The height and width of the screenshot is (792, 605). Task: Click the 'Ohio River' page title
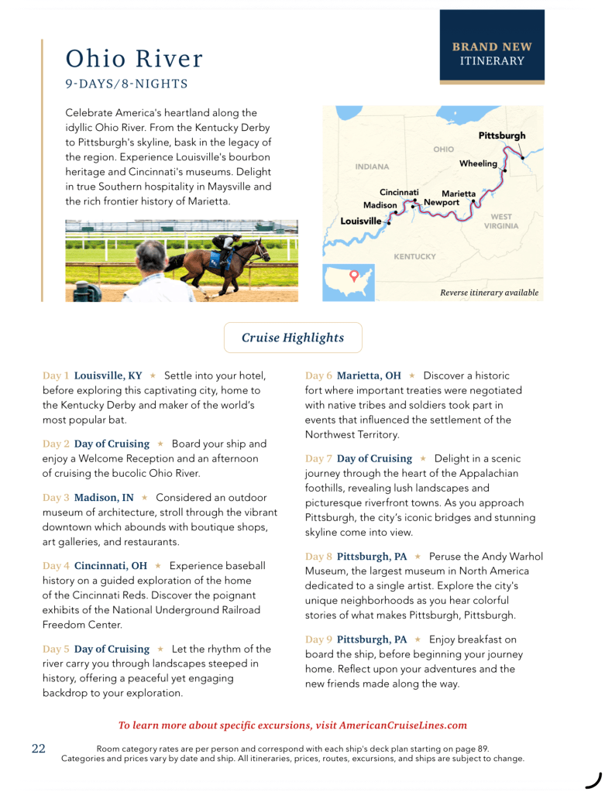click(134, 58)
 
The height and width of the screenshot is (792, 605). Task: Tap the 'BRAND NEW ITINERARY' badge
click(492, 53)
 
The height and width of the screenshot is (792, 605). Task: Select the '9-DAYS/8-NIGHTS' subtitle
click(126, 84)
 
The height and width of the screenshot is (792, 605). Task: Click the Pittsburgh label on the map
click(501, 135)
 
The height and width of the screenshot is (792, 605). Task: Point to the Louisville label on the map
click(361, 221)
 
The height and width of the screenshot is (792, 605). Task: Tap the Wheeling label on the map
click(478, 164)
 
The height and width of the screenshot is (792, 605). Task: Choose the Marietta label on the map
click(459, 194)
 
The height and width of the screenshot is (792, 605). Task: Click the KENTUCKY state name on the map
click(414, 256)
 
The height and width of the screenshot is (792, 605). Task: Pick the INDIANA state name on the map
click(372, 166)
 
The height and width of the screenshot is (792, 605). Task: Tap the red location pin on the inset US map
click(354, 275)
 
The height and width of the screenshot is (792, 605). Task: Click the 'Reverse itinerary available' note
click(489, 293)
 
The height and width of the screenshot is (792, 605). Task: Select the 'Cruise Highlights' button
click(293, 338)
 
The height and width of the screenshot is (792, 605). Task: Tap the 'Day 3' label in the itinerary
click(56, 498)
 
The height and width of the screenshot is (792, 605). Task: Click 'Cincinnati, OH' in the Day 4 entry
click(111, 566)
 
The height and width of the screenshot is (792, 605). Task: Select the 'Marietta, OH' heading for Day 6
click(369, 375)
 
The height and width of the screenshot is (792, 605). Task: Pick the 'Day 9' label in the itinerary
click(318, 639)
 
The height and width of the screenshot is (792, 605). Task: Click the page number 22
click(39, 749)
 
